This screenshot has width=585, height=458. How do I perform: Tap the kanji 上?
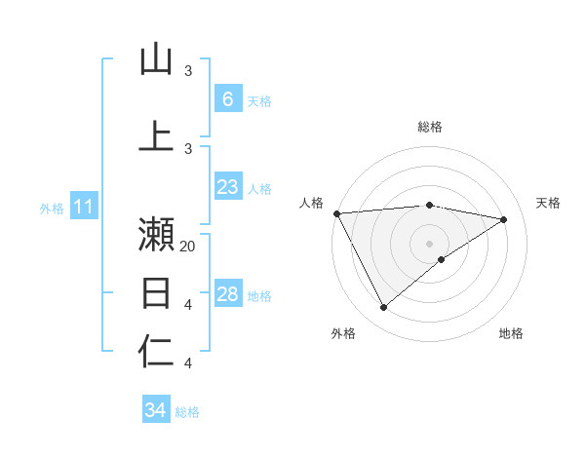point(156,134)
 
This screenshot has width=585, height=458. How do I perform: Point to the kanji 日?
point(156,292)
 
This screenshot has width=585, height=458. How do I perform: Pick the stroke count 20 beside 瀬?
point(188,247)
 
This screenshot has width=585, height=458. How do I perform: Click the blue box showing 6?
point(227,99)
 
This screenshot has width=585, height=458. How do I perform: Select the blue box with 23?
point(227,187)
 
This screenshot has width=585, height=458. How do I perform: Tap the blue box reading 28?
point(227,294)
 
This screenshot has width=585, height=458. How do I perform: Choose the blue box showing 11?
point(83,207)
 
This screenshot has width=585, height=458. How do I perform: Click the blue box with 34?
point(155,410)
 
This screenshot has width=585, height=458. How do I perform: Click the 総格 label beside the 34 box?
point(187,412)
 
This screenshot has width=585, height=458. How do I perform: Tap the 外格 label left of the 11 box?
point(52,208)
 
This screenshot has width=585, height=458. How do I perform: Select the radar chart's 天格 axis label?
point(549,203)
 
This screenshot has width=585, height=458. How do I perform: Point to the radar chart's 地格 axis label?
point(511,333)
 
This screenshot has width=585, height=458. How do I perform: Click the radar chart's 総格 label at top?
point(429,127)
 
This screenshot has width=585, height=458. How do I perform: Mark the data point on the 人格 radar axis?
point(336,213)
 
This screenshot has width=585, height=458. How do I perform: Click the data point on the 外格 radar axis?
point(383,308)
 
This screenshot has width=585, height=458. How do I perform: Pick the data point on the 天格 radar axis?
point(504,219)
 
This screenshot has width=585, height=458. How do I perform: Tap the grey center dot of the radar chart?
point(429,243)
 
